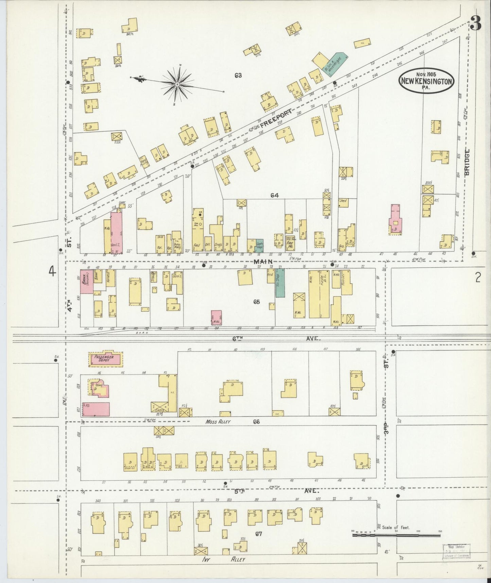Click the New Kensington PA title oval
427,81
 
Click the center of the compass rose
177,83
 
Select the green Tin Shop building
280,283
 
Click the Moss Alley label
218,422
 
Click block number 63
238,75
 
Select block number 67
259,534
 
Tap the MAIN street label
263,261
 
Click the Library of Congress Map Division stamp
456,551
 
